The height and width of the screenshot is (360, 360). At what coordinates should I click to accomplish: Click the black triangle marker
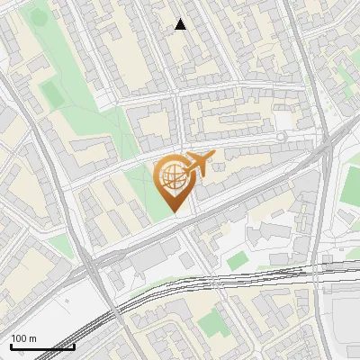tap(181, 24)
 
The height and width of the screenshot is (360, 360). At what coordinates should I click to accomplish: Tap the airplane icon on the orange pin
tap(197, 164)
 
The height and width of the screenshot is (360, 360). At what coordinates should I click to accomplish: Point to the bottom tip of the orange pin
tap(174, 212)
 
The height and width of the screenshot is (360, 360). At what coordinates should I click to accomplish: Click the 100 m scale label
tap(24, 338)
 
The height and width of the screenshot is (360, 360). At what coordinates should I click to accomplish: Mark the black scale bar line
tap(42, 346)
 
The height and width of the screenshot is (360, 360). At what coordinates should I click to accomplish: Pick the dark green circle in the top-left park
tap(39, 17)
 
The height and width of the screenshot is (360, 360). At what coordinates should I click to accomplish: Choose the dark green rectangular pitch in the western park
tap(50, 93)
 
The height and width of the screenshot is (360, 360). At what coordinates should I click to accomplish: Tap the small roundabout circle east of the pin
tap(281, 136)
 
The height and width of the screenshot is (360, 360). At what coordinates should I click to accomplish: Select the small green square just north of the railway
tap(237, 261)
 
